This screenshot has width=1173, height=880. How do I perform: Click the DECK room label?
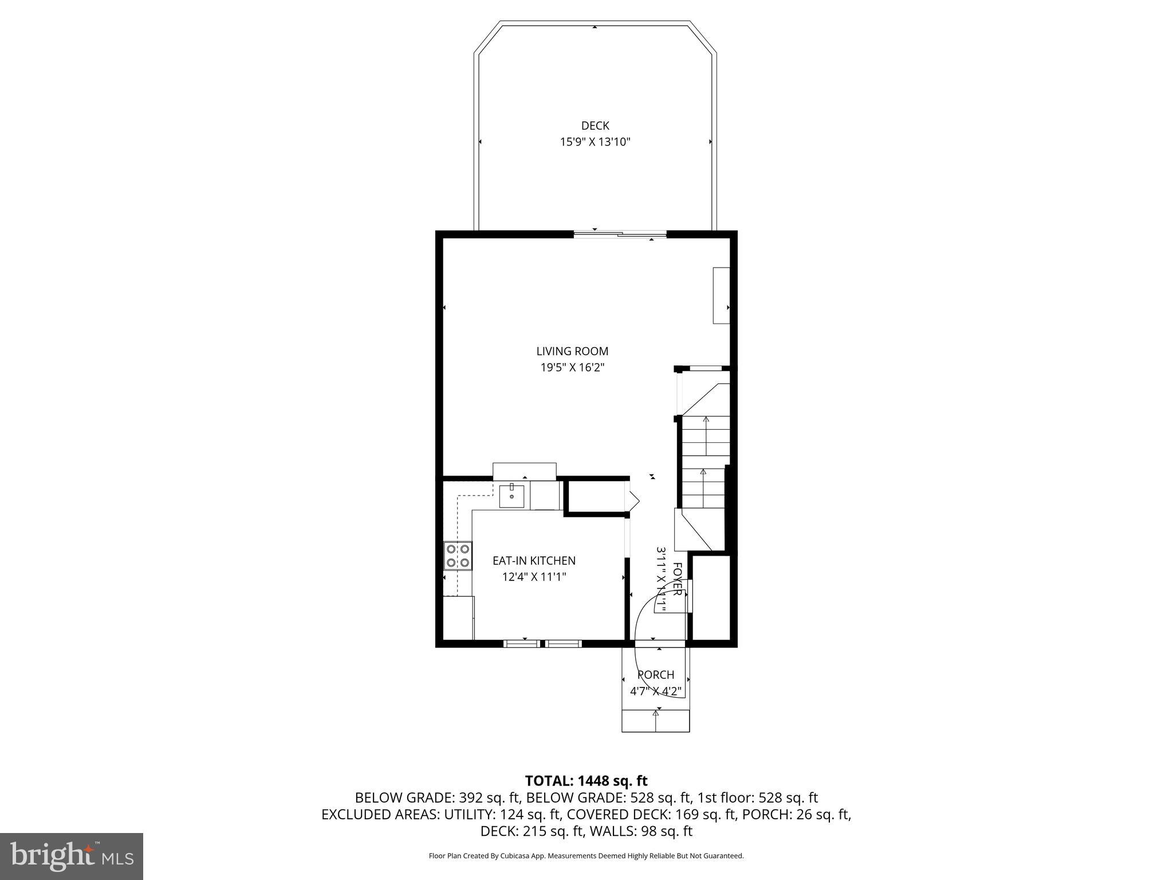coord(595,125)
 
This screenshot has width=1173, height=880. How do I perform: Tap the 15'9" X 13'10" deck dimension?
coord(595,142)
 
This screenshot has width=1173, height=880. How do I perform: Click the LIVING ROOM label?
coord(572,351)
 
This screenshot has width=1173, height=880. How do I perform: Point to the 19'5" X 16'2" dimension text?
coord(572,367)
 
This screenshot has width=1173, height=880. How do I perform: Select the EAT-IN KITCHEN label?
coord(534,561)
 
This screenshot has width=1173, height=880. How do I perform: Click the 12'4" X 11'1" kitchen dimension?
coord(534,577)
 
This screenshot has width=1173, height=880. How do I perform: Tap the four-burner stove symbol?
coord(458,556)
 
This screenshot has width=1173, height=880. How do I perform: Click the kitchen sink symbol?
coord(511,496)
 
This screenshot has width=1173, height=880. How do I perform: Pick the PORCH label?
coord(655,675)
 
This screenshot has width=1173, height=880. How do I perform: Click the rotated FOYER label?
coord(677,579)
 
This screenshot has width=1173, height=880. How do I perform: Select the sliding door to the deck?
coord(620,234)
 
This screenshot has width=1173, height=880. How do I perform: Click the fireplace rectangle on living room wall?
coord(721,295)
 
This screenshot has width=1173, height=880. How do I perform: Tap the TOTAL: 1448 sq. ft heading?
coord(586,781)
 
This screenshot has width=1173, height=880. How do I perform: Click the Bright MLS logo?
coord(72,856)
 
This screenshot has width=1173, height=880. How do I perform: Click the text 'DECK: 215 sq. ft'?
coord(529,831)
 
